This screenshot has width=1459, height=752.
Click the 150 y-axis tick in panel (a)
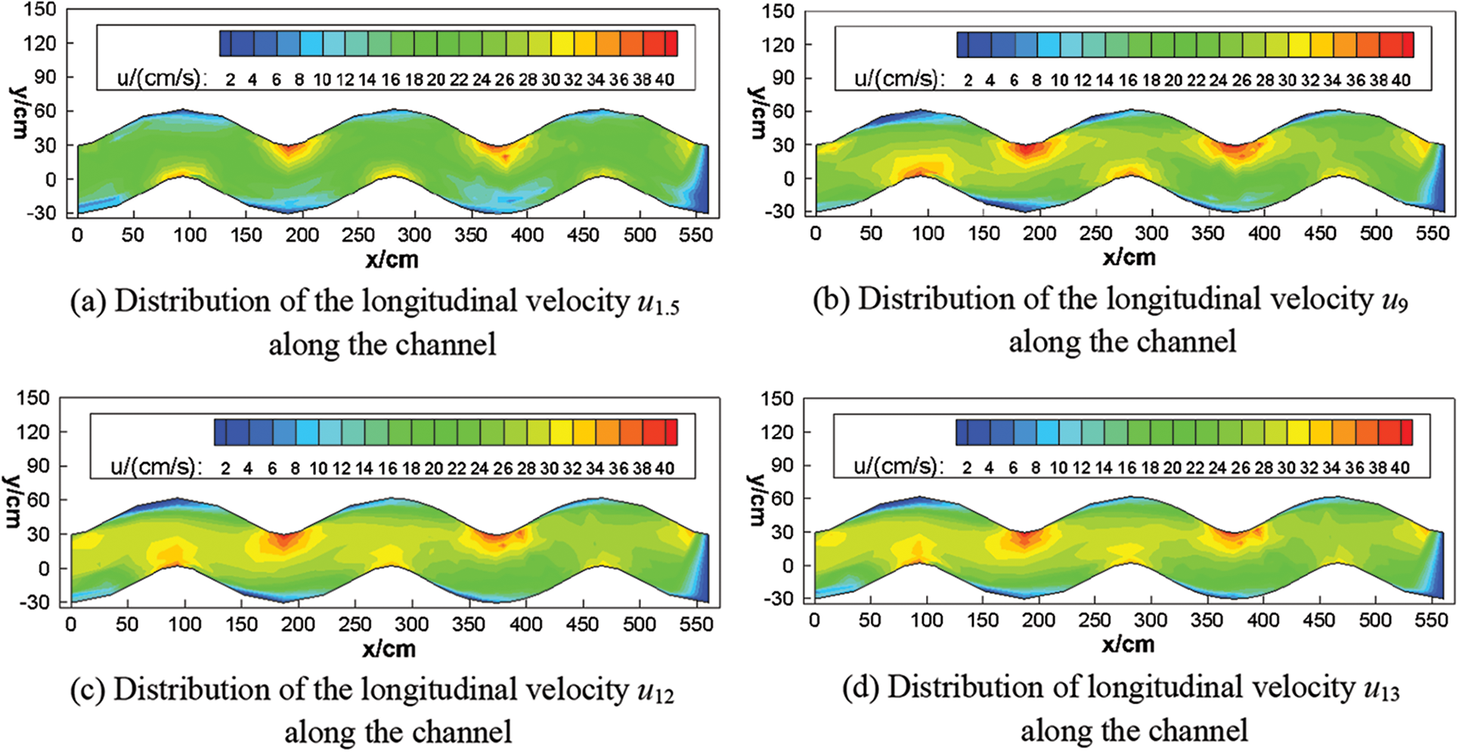click(40, 9)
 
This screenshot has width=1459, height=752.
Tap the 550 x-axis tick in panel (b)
click(1432, 234)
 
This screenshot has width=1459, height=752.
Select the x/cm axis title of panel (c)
click(389, 648)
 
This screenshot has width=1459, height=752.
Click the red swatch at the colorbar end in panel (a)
click(671, 43)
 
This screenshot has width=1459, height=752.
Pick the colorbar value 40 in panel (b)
click(1401, 80)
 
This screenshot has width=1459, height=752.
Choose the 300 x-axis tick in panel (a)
click(414, 235)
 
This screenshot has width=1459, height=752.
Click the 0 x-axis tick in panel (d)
click(813, 621)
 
